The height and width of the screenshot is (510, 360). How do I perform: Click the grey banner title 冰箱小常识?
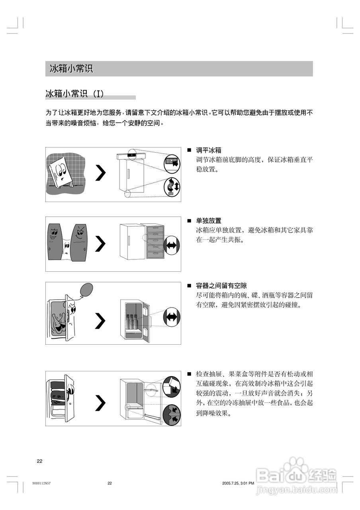point(71,69)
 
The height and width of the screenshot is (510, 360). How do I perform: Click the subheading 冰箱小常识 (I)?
point(75,94)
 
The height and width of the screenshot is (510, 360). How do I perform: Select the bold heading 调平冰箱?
point(209,150)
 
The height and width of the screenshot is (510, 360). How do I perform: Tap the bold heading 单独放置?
point(209,220)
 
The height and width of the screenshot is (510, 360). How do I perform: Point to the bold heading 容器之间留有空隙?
point(221,286)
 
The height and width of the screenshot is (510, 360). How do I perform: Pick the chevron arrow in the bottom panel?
point(101,403)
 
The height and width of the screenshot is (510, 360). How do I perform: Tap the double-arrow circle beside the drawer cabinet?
point(172,245)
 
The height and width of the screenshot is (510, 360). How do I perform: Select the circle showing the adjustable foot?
point(172,186)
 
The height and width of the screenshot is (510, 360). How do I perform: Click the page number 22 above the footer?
point(39,461)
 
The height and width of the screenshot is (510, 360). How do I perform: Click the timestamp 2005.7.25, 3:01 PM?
point(238,483)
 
